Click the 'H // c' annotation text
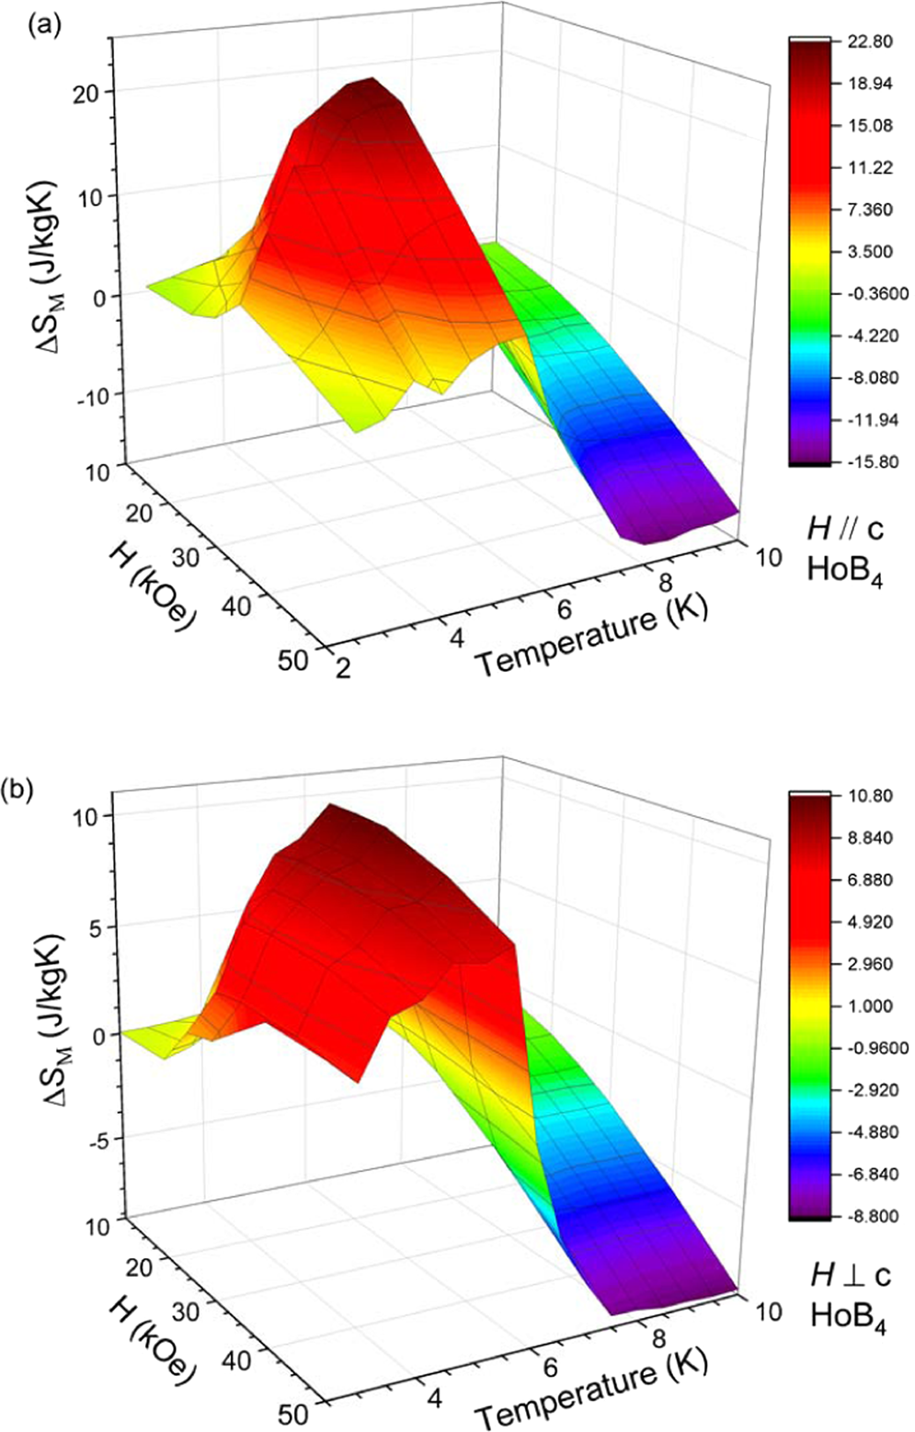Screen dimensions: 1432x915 845,528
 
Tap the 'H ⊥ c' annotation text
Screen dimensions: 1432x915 850,1275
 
